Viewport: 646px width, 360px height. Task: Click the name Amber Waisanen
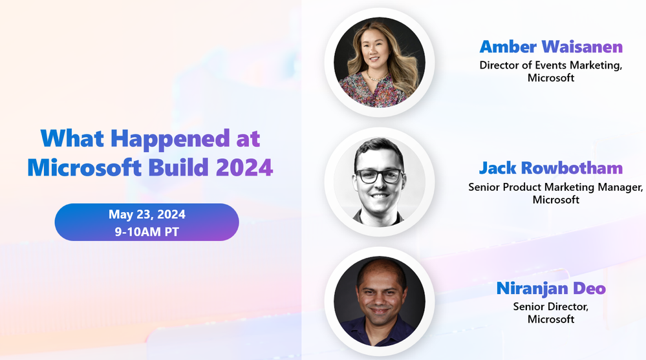(x=551, y=47)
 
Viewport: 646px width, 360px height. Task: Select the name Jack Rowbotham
(x=551, y=169)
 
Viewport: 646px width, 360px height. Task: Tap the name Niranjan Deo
(x=551, y=288)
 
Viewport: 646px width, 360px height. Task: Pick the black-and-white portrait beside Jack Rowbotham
(x=380, y=182)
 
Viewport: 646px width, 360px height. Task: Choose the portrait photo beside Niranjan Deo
(x=380, y=301)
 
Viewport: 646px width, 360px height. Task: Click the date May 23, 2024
(x=147, y=215)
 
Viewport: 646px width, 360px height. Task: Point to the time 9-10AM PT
(x=147, y=231)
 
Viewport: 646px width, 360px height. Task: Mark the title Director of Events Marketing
(x=551, y=65)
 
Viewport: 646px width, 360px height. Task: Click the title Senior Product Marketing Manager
(x=555, y=187)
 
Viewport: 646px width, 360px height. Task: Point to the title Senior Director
(x=551, y=306)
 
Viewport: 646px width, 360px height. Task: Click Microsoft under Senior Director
(x=551, y=319)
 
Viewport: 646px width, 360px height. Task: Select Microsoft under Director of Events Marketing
(x=551, y=78)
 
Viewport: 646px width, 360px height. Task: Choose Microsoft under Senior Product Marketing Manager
(x=555, y=200)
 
